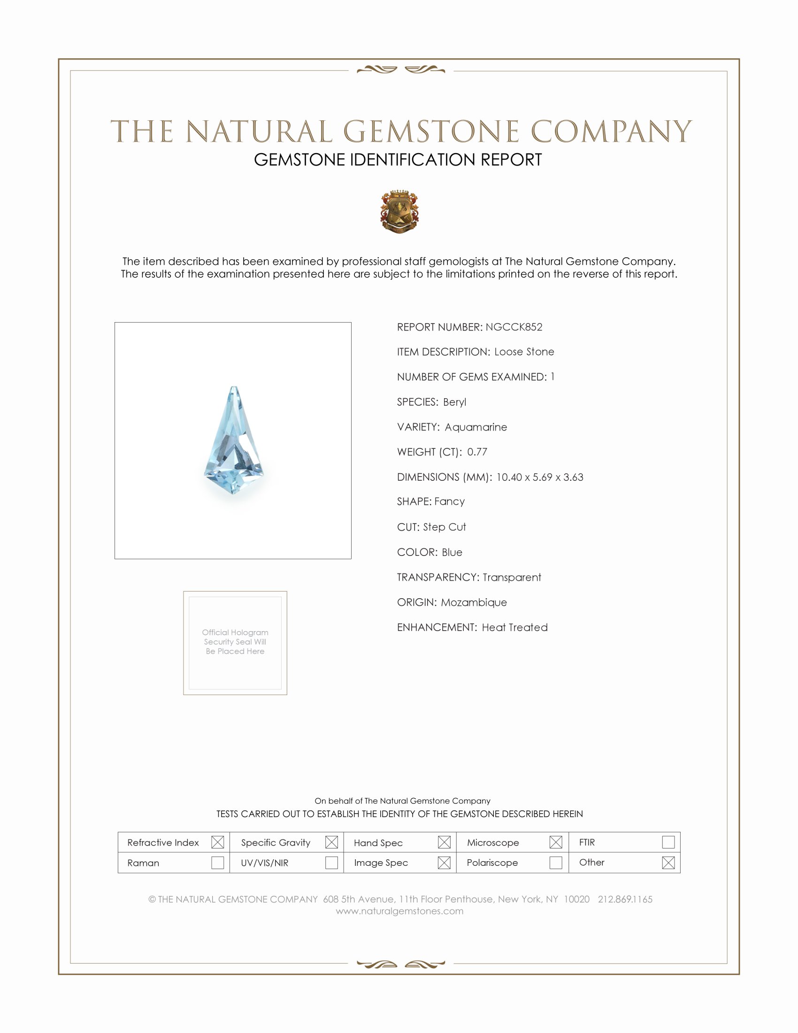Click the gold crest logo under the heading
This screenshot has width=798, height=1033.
(399, 211)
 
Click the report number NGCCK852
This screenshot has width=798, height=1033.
(514, 327)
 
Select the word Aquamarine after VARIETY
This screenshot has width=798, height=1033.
(476, 427)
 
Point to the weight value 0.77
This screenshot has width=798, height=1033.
(477, 452)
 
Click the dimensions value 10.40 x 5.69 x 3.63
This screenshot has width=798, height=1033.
(539, 477)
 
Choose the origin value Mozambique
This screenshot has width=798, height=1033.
(474, 602)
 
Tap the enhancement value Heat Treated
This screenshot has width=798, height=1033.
(515, 627)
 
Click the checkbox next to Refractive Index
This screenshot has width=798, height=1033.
(217, 842)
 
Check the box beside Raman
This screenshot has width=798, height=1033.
(217, 863)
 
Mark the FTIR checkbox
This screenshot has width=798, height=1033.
(668, 842)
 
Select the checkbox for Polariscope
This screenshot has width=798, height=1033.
(556, 863)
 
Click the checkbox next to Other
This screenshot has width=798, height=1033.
(668, 863)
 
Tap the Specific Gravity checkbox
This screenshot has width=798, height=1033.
(331, 842)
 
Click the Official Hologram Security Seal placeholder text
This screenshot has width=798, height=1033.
(235, 641)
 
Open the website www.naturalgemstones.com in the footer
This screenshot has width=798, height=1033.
(399, 911)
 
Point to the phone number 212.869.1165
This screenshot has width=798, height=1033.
(625, 899)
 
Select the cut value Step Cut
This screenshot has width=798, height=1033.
(445, 527)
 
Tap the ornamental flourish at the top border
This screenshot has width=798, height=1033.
(401, 70)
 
